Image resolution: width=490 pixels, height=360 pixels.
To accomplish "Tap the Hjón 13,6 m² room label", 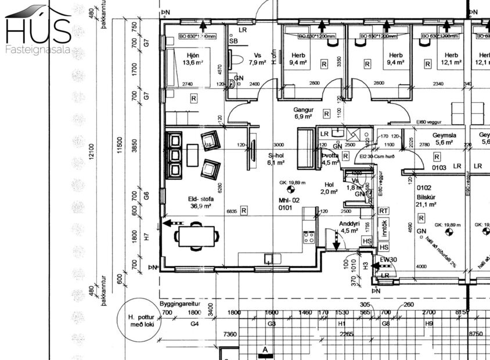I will click(191, 58).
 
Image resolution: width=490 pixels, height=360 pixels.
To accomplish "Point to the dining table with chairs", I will click(198, 236).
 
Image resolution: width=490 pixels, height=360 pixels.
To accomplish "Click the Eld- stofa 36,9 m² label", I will click(197, 201).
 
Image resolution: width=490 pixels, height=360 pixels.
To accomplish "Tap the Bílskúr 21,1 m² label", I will click(426, 200).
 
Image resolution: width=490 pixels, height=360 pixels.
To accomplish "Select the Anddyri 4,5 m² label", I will click(350, 226).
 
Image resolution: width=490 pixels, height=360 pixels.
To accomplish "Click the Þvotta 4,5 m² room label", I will click(330, 159).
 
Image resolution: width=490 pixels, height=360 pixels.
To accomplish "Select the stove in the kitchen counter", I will click(308, 237).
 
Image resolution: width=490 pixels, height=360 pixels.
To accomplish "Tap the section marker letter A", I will click(265, 350).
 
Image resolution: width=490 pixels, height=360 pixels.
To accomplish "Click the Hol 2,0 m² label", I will click(329, 188).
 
